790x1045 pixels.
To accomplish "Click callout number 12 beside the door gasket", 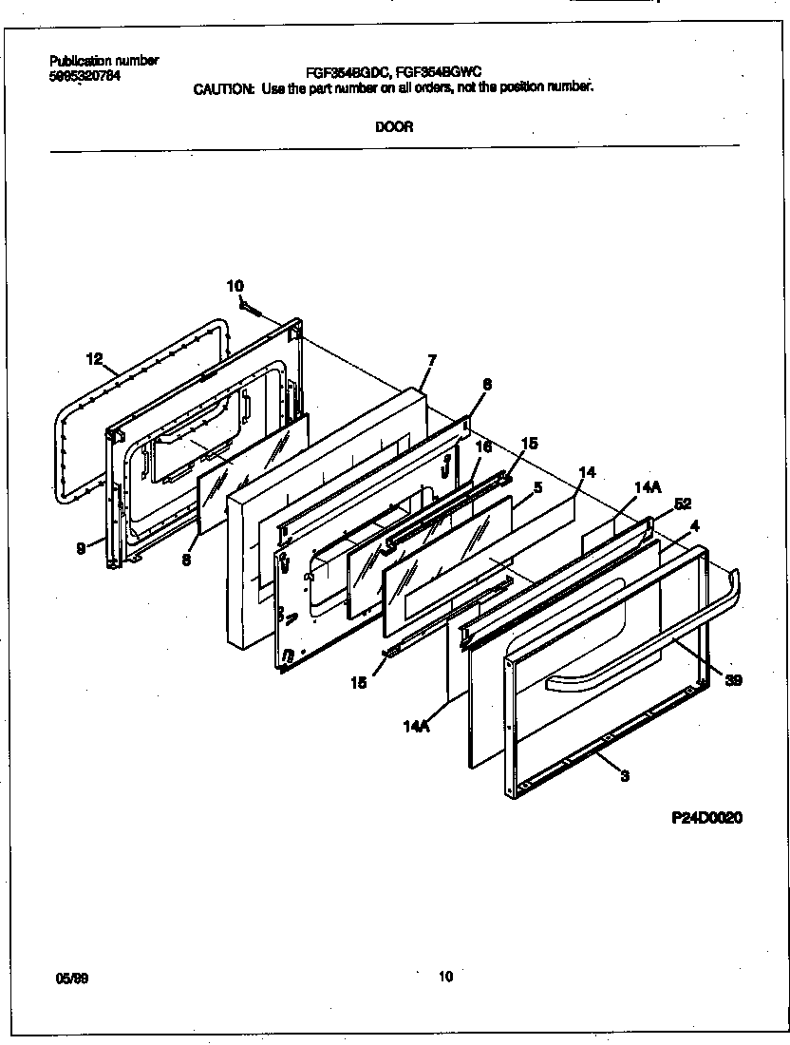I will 93,358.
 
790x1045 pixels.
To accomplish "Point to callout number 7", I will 431,360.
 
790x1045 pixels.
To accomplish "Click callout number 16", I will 483,446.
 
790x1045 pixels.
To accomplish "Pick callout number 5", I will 537,487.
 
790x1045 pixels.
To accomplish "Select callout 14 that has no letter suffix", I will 587,471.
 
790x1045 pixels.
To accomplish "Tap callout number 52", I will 682,504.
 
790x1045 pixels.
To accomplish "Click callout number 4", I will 695,524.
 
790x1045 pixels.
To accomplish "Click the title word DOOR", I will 394,127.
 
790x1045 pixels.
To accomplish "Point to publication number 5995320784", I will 85,76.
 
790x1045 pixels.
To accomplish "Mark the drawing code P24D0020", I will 701,818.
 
